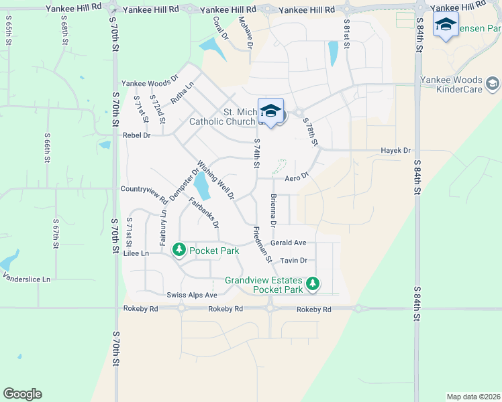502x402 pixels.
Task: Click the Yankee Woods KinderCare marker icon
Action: click(493, 84)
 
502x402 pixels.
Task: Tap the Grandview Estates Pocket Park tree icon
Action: click(312, 285)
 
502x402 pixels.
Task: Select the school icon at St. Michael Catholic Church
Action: click(270, 111)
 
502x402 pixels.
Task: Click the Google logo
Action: click(22, 394)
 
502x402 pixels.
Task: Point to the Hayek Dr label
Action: click(395, 151)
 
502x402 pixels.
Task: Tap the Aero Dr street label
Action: click(296, 178)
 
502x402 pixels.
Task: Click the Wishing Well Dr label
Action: click(216, 180)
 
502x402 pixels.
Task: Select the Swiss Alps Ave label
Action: click(192, 295)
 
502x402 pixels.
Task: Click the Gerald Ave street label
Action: click(289, 243)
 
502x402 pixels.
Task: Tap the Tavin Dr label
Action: click(293, 260)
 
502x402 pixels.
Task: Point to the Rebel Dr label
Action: click(136, 135)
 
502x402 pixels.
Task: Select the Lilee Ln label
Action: click(135, 254)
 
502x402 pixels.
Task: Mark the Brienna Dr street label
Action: click(273, 210)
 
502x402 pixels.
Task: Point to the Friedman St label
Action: click(262, 244)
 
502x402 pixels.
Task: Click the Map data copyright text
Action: click(472, 396)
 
